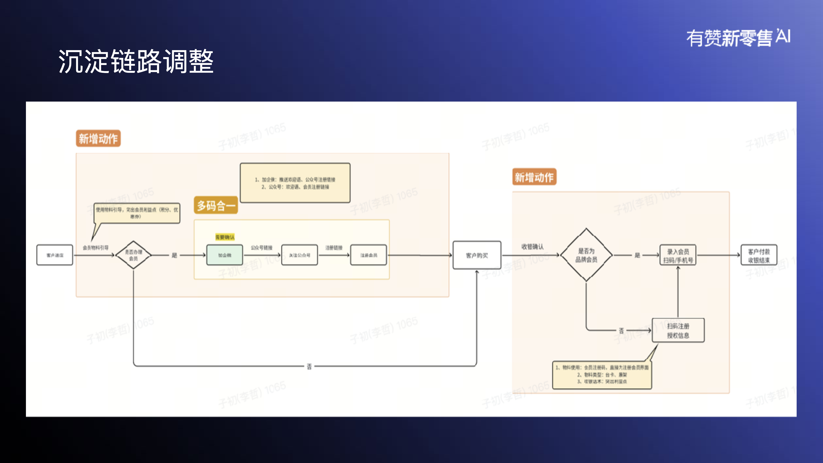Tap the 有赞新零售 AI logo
click(x=738, y=38)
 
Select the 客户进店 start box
click(x=55, y=255)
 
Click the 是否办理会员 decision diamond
click(x=133, y=255)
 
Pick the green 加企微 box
click(x=225, y=255)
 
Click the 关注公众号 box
click(x=299, y=255)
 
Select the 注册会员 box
click(x=368, y=255)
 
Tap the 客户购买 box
click(x=477, y=255)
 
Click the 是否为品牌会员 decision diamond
click(x=586, y=255)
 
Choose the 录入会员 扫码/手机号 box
click(x=678, y=255)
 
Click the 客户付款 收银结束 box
click(x=759, y=255)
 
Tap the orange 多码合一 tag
click(x=216, y=205)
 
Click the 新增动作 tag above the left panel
click(x=98, y=138)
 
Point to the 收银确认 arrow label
click(x=532, y=246)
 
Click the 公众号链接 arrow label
click(x=261, y=248)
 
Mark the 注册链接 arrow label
click(x=334, y=248)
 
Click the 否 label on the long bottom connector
click(x=309, y=366)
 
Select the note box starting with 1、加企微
click(x=295, y=183)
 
